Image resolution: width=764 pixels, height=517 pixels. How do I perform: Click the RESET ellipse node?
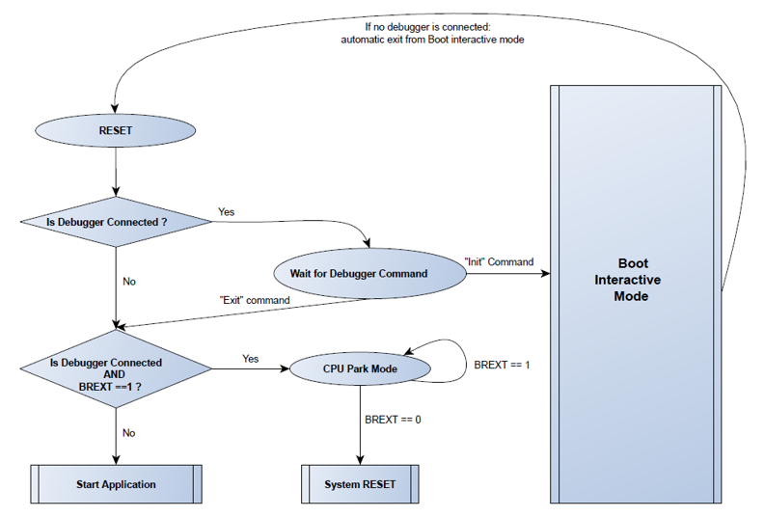116,129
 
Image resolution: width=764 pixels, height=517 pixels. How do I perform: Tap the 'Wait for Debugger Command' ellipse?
358,273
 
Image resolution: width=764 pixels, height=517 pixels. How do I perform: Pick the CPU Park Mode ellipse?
359,368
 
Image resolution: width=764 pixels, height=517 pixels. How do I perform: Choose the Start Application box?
116,484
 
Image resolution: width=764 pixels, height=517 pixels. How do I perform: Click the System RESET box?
359,484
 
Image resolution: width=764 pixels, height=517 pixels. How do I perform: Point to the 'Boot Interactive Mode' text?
633,280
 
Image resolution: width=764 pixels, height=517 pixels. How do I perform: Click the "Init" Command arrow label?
499,261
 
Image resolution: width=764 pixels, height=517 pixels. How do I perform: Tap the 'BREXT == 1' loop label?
500,366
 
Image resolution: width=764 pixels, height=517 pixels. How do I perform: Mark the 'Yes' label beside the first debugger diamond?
226,211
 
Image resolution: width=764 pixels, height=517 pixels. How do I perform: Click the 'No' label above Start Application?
128,433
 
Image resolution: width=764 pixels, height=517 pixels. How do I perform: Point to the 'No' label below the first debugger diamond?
128,282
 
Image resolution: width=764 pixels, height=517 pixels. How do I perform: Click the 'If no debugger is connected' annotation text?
431,33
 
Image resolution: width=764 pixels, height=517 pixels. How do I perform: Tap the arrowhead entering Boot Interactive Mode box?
545,273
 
